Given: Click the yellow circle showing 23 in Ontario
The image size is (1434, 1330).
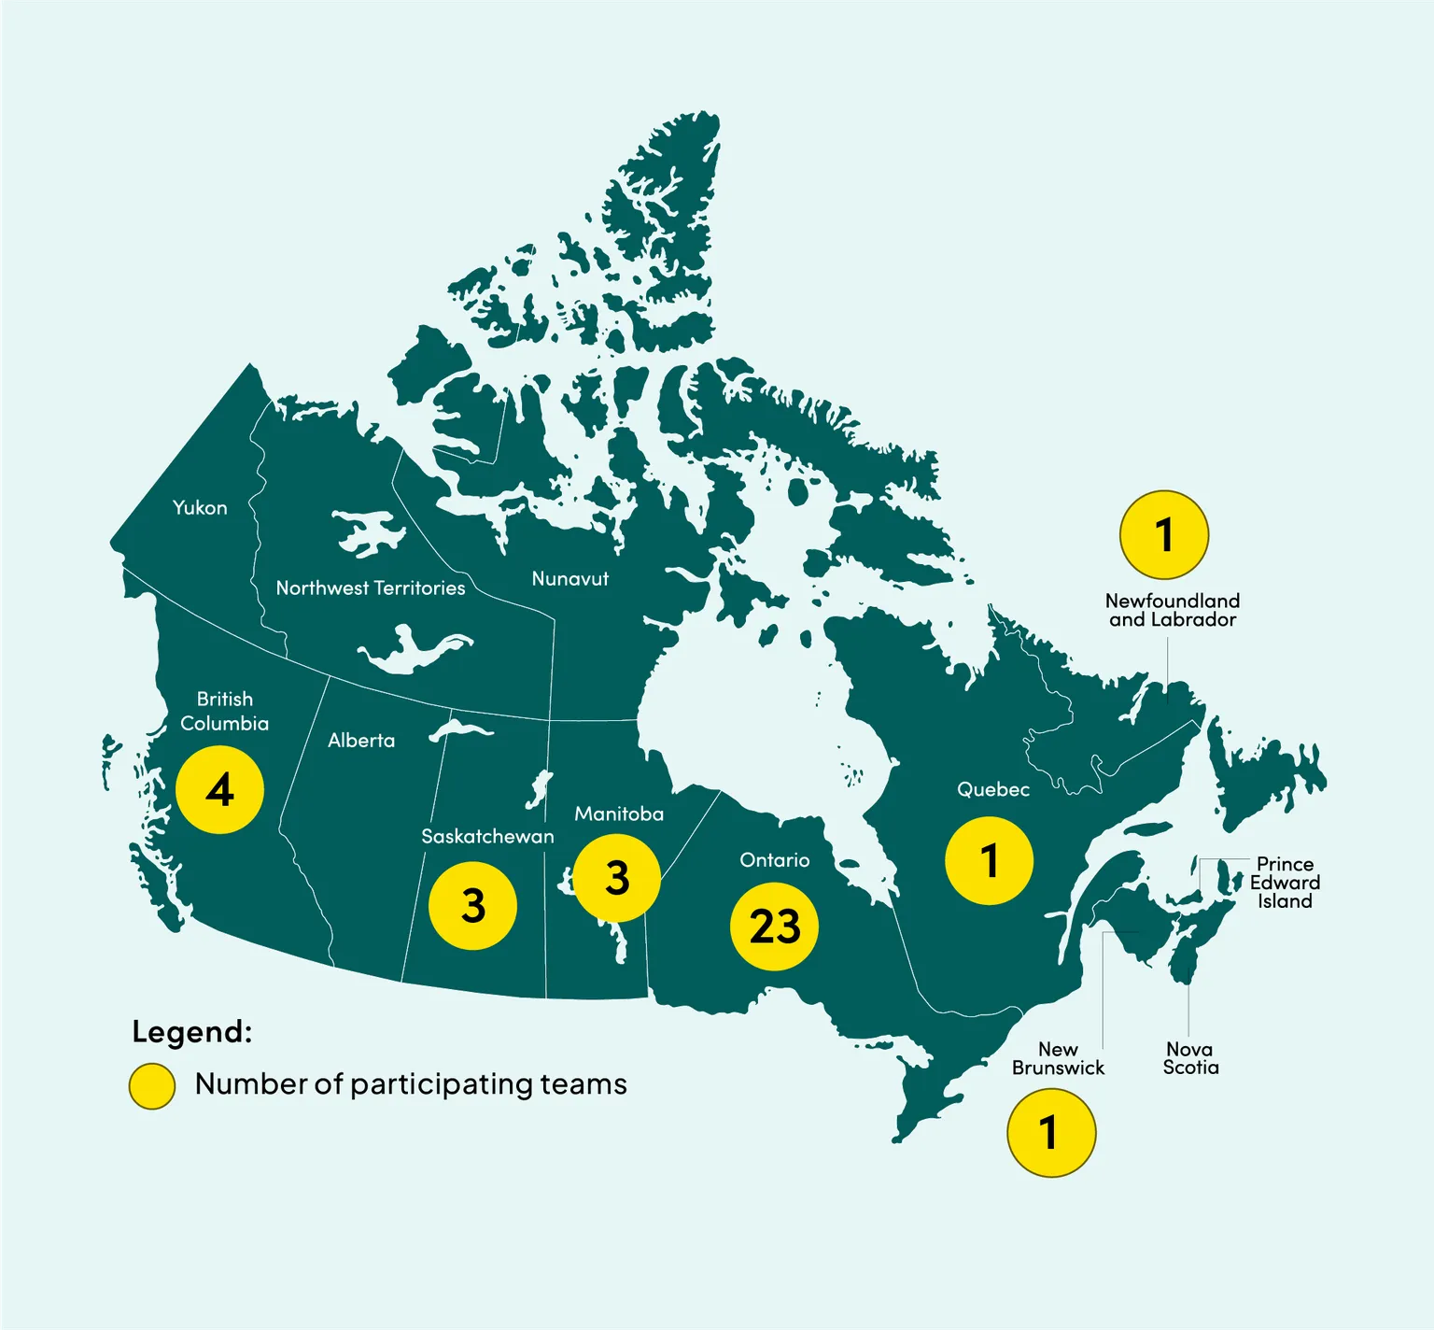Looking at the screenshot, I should pos(774,926).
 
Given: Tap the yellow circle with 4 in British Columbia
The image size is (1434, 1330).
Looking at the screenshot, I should pos(220,790).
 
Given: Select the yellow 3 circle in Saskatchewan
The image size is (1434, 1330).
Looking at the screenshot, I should pos(472,905).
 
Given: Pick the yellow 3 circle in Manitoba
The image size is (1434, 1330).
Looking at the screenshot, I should pos(617,878).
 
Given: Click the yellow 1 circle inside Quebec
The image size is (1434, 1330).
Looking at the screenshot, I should pos(989,860).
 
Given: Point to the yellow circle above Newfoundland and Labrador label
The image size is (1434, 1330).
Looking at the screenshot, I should pos(1164,535).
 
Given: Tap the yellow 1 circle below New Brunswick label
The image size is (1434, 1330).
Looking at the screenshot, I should pos(1051,1132).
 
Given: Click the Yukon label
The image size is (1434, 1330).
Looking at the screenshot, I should pos(200,507).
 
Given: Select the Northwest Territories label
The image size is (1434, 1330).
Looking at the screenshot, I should pos(371,587).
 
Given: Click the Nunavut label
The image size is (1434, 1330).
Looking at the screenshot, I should pos(569,579).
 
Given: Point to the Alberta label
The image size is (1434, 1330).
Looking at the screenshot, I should pos(361,741).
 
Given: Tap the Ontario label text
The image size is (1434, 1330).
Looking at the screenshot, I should pos(774,860).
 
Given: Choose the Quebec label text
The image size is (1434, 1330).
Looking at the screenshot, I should pos(993,789).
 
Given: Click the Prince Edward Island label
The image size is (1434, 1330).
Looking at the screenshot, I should pos(1285,883).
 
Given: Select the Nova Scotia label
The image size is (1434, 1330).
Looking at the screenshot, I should pos(1190,1058).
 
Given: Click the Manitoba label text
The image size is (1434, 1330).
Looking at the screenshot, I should pos(619,814).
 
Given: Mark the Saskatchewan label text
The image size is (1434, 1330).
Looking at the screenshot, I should pos(487,836).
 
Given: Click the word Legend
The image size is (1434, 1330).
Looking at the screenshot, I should pos(192,1032).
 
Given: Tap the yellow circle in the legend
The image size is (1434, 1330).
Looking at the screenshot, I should pos(152,1085).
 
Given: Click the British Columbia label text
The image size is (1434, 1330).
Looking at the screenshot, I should pos(224,711).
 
